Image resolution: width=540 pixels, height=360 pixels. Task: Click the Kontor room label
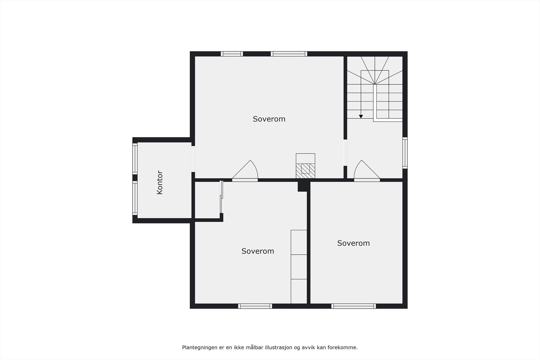(x=160, y=183)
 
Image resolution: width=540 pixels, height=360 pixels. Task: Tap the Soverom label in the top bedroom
(x=269, y=119)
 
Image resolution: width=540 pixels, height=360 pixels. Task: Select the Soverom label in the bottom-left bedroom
(x=258, y=251)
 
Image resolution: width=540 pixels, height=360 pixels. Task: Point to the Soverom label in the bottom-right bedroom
(x=353, y=243)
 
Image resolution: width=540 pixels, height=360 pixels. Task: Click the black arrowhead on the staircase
(x=361, y=116)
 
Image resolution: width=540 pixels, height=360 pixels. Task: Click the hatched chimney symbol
(x=305, y=168)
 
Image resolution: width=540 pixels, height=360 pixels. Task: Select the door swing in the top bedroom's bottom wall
(x=246, y=171)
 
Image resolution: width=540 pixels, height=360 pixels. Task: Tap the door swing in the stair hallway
(x=366, y=171)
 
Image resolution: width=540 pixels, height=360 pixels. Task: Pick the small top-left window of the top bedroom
(x=232, y=54)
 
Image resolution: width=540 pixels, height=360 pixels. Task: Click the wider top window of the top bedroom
(x=289, y=54)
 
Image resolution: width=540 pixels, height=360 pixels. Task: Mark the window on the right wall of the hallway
(x=405, y=153)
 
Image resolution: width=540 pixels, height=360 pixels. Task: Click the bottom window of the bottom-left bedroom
(x=255, y=306)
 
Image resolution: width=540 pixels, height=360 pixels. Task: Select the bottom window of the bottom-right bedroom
(x=353, y=306)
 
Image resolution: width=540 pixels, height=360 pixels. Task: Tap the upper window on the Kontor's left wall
(x=135, y=158)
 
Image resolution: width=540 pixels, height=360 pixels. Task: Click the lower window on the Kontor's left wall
(x=135, y=198)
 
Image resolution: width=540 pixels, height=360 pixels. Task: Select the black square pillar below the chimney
(x=302, y=186)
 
